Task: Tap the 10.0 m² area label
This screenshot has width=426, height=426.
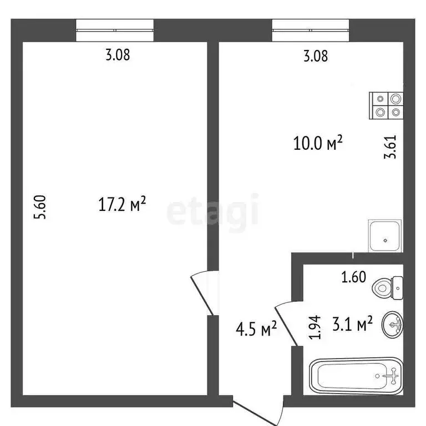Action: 318,144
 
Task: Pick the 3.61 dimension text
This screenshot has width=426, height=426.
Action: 392,147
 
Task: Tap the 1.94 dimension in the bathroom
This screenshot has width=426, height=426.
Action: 315,327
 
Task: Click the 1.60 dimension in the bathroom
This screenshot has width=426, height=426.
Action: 353,277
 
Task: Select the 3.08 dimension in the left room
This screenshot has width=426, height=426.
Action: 118,55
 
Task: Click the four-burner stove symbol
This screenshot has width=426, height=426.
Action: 387,105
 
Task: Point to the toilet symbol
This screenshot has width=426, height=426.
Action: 387,287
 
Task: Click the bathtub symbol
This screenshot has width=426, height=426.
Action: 355,376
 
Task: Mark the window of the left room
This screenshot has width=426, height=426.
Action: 114,30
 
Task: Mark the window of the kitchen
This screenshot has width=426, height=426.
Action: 310,30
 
